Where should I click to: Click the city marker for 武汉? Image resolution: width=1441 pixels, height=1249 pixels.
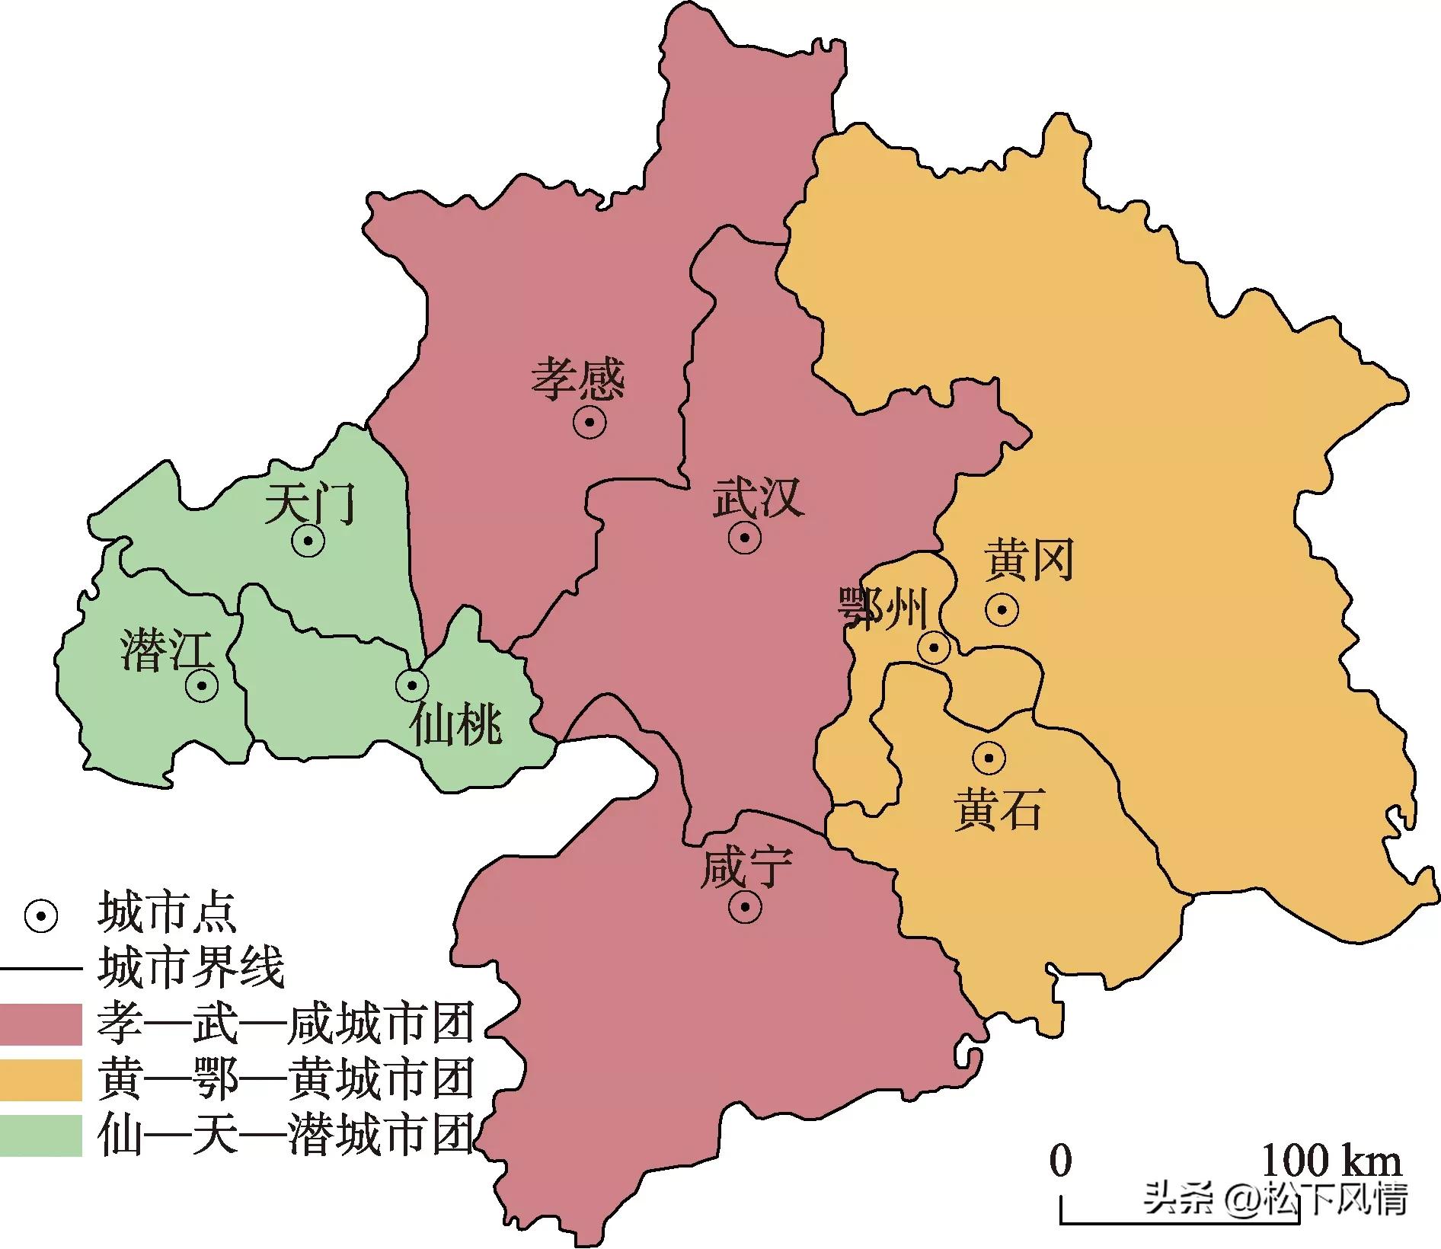744,538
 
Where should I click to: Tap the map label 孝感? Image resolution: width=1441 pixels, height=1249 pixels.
577,380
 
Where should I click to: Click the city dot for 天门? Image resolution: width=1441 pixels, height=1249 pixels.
308,541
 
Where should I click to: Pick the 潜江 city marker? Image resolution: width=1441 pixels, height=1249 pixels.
202,685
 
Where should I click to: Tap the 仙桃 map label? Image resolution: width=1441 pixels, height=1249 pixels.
455,724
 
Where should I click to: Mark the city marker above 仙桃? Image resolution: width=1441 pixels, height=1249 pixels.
412,685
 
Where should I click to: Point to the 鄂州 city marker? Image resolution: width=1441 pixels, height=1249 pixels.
933,648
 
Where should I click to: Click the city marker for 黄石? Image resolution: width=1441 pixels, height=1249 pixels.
989,757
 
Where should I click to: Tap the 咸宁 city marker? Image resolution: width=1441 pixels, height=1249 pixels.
744,906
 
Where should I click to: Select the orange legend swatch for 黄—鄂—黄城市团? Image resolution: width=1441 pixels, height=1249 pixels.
41,1080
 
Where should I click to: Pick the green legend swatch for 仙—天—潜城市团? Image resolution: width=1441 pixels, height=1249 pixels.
41,1136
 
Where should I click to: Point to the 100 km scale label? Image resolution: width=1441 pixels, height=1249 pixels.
1331,1161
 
